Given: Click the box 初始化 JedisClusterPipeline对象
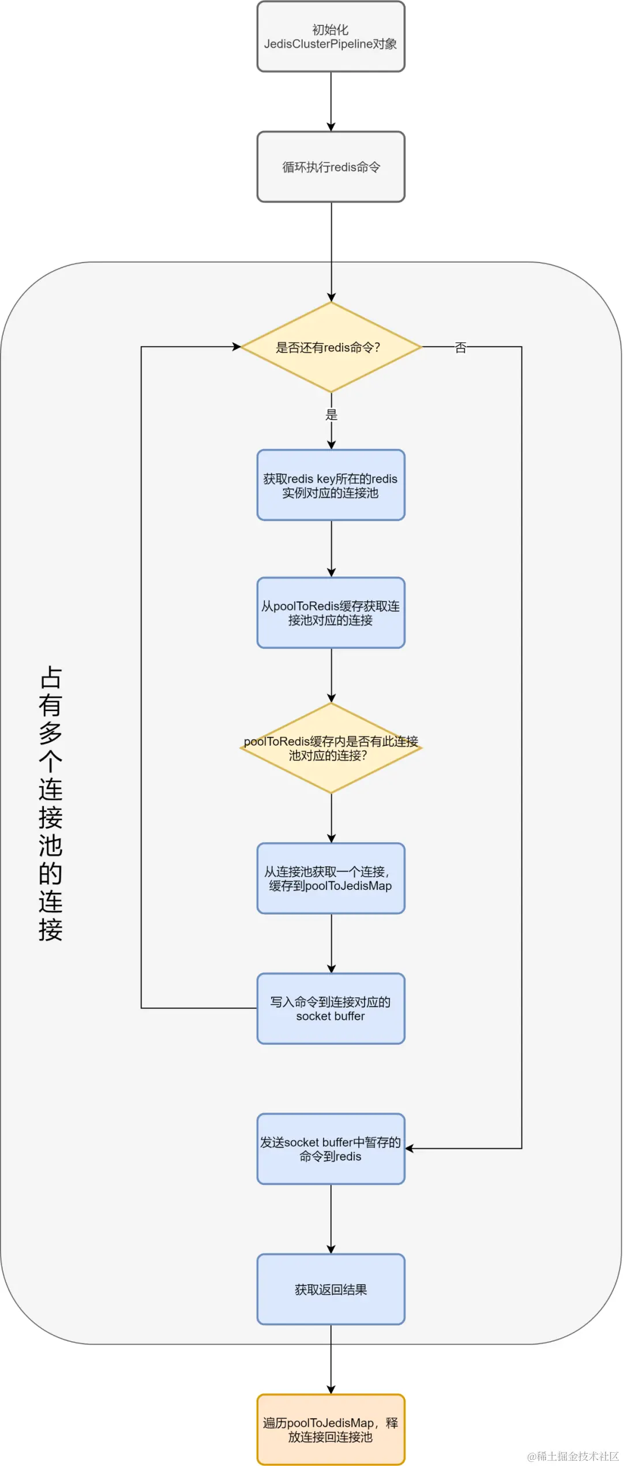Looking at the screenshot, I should pyautogui.click(x=331, y=37).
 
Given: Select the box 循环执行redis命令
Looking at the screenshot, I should pyautogui.click(x=331, y=167).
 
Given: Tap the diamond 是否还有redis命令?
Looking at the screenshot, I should pyautogui.click(x=331, y=347).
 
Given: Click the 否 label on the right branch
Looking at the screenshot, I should pyautogui.click(x=460, y=347).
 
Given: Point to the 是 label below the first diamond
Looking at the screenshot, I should pyautogui.click(x=331, y=414).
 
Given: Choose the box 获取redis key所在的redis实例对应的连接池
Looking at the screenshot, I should pyautogui.click(x=331, y=485).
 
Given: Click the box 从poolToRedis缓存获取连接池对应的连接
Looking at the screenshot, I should pyautogui.click(x=331, y=613).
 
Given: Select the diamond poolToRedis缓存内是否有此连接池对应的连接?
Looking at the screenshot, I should pyautogui.click(x=331, y=748).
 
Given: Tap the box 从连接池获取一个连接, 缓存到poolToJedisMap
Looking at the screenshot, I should pyautogui.click(x=331, y=878).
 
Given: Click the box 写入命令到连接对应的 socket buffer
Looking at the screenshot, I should pyautogui.click(x=331, y=1008).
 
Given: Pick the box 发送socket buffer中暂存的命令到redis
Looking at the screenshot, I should pyautogui.click(x=331, y=1149).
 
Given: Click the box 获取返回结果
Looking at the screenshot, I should pyautogui.click(x=331, y=1289).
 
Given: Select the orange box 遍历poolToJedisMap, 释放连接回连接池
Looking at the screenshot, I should pyautogui.click(x=331, y=1430).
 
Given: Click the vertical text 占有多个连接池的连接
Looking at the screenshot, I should pyautogui.click(x=51, y=803).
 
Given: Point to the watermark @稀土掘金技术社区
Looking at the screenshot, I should pyautogui.click(x=573, y=1456).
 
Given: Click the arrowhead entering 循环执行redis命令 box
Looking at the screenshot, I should pyautogui.click(x=331, y=126).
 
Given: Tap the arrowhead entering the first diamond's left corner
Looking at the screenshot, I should pyautogui.click(x=237, y=347).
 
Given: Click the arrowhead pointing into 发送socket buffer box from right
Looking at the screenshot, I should pyautogui.click(x=410, y=1149).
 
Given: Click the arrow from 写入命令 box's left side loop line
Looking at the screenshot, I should pyautogui.click(x=141, y=693).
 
